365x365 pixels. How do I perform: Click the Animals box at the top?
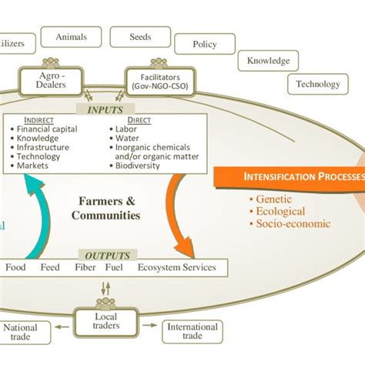[72, 36]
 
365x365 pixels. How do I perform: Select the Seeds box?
[140, 36]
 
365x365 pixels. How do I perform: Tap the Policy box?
[204, 45]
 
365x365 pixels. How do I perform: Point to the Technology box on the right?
[317, 84]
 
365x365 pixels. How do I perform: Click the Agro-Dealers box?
[52, 81]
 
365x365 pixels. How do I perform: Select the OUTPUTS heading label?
[108, 255]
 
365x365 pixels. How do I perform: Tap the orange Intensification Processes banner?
[300, 176]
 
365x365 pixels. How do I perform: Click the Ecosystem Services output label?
[176, 268]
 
